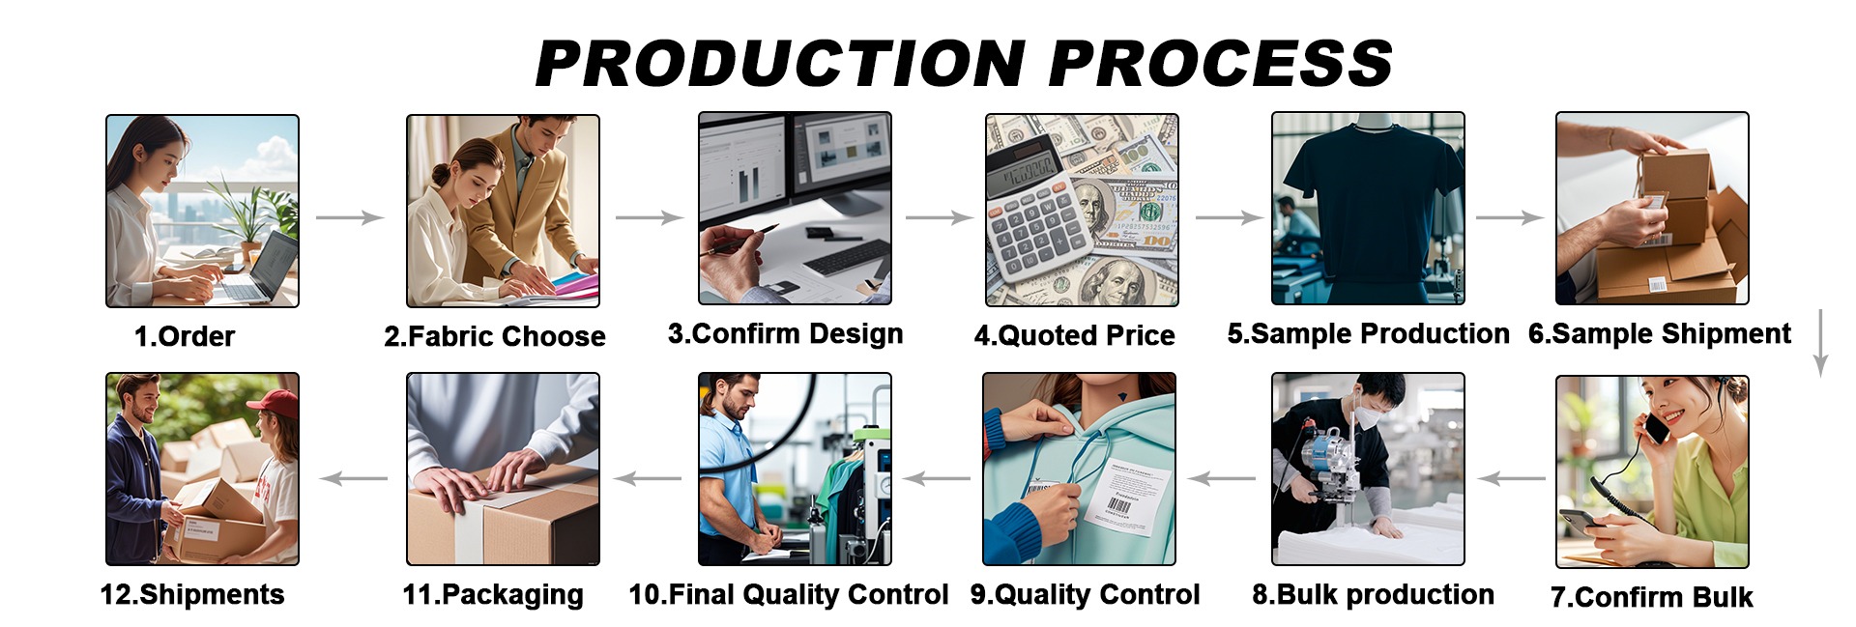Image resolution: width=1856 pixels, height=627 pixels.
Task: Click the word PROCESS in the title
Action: tap(1220, 64)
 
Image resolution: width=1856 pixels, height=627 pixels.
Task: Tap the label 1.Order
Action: tap(185, 336)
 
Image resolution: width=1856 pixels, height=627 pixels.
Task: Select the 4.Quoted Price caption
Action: tap(1074, 335)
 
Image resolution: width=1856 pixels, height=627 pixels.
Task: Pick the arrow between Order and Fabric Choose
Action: tap(350, 217)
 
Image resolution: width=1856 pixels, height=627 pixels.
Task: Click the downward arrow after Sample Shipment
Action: tap(1820, 343)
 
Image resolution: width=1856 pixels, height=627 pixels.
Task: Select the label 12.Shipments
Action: tap(192, 594)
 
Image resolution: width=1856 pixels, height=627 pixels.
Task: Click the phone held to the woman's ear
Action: tap(1657, 427)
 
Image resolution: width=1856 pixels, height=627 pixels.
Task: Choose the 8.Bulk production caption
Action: tap(1374, 594)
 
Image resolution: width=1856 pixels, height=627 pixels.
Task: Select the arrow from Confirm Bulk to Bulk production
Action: tap(1511, 478)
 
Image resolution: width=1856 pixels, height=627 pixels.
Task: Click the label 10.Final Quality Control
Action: tap(789, 594)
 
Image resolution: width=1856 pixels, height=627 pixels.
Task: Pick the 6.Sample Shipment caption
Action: tap(1660, 333)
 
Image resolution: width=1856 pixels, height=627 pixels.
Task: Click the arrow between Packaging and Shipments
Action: tap(354, 478)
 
